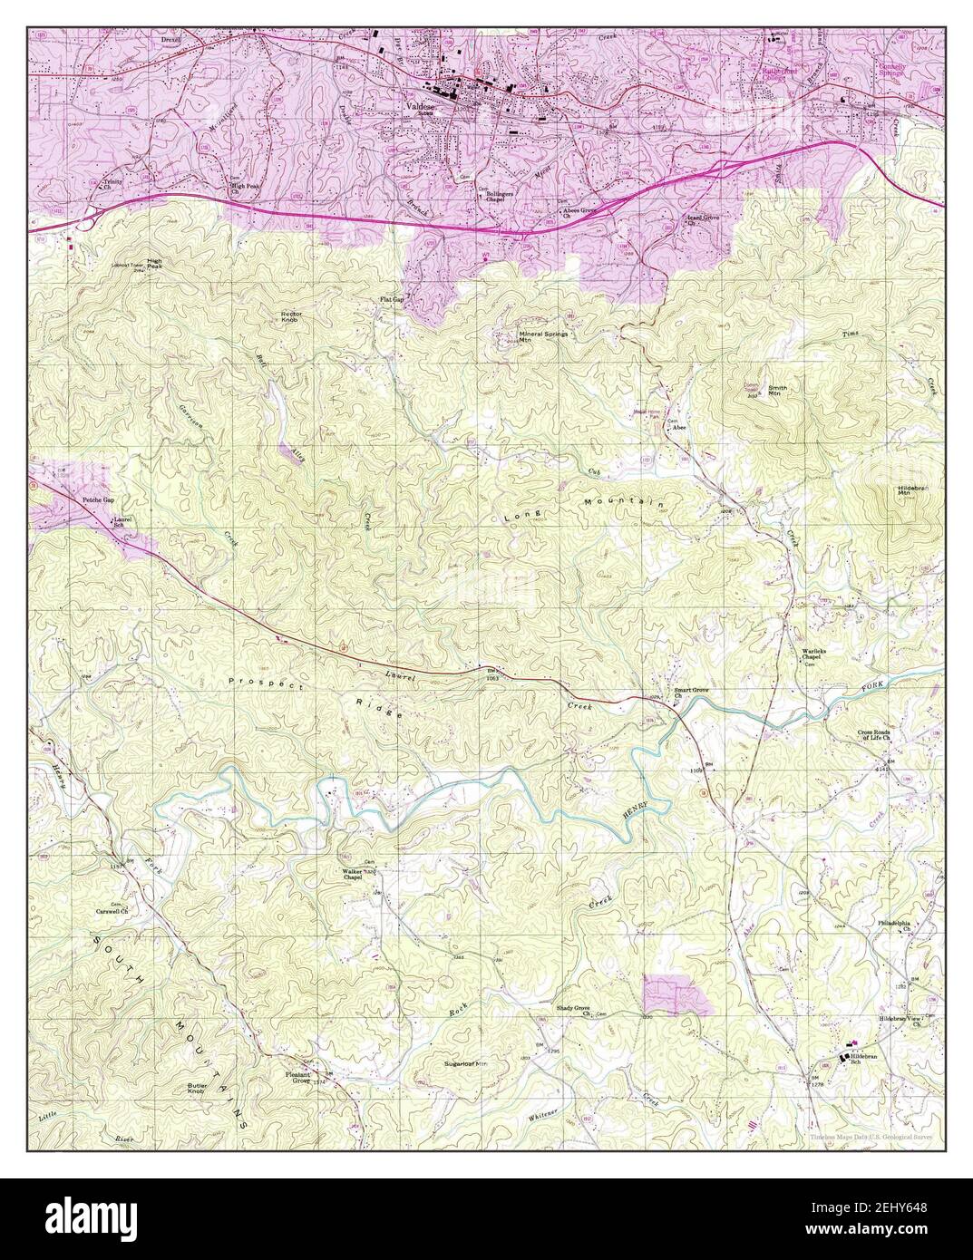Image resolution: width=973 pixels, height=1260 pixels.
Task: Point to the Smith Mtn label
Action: click(x=777, y=391)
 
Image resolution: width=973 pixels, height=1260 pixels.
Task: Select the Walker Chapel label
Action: click(x=352, y=874)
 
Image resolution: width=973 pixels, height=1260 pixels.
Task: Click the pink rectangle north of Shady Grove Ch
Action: click(x=676, y=995)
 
